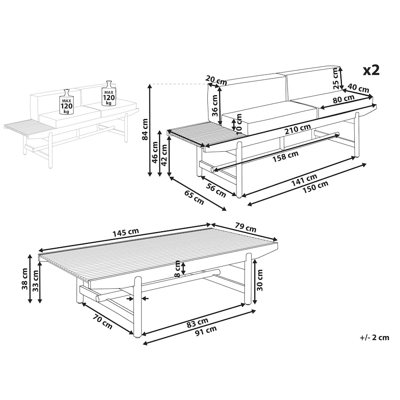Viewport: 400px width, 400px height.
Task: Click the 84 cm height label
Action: [x=145, y=129]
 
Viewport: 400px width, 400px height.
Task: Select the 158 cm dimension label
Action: [x=286, y=157]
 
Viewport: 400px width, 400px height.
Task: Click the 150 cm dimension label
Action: [x=315, y=187]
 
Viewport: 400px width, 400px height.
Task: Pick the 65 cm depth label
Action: [x=194, y=197]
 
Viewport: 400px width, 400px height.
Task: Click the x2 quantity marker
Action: [x=371, y=70]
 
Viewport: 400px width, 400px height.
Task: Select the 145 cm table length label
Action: [x=126, y=233]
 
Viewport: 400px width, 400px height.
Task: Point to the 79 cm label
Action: [x=245, y=227]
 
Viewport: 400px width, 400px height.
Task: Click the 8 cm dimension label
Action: [x=177, y=269]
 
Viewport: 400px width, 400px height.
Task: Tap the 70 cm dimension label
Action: [x=102, y=322]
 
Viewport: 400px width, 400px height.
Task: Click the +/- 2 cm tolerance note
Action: [x=374, y=337]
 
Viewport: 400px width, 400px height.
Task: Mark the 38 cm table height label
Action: [x=25, y=279]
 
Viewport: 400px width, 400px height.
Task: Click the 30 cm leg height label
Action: [x=260, y=280]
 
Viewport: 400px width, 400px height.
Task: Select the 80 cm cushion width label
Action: [x=343, y=99]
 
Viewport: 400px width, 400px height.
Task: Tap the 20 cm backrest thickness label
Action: [x=216, y=80]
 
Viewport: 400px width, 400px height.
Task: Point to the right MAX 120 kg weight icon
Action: [x=109, y=93]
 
